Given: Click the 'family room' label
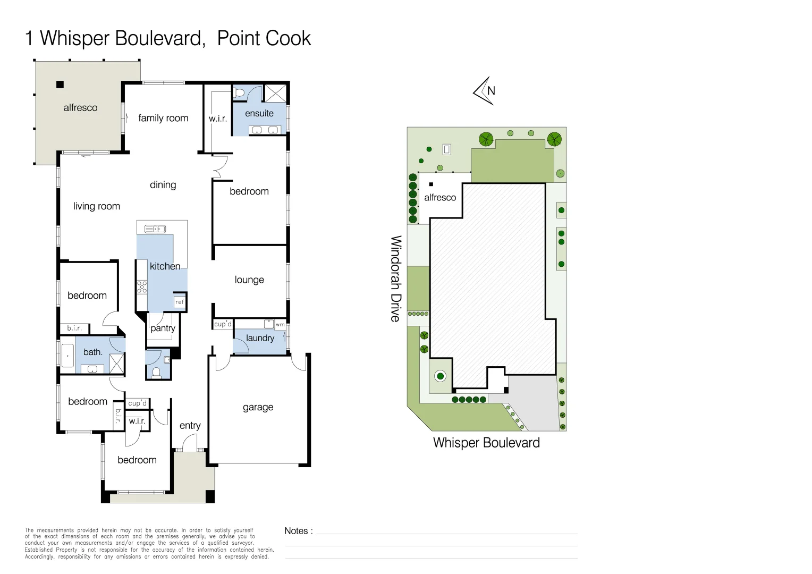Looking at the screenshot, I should (163, 118).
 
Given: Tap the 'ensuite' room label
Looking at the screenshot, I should (259, 113).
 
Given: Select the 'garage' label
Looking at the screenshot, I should (258, 407).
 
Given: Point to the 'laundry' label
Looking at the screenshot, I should (260, 338).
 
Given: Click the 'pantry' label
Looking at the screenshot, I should (163, 328).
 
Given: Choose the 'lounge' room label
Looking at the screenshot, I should (249, 280).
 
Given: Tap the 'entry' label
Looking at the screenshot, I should (190, 425).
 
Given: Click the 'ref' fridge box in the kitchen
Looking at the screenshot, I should (180, 302).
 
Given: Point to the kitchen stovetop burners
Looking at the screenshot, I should (142, 288).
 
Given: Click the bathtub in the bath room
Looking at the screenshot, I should (67, 356).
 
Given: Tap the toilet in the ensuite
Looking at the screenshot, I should (239, 94).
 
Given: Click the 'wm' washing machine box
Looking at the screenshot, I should (280, 324).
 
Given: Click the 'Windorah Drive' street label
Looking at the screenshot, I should (395, 278).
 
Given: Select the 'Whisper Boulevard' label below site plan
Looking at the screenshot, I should (486, 443).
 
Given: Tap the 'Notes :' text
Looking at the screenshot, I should (298, 531).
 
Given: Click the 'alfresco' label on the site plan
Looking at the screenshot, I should (440, 198).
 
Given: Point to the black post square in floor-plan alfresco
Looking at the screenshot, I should (60, 84).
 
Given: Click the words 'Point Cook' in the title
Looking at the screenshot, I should (264, 38).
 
